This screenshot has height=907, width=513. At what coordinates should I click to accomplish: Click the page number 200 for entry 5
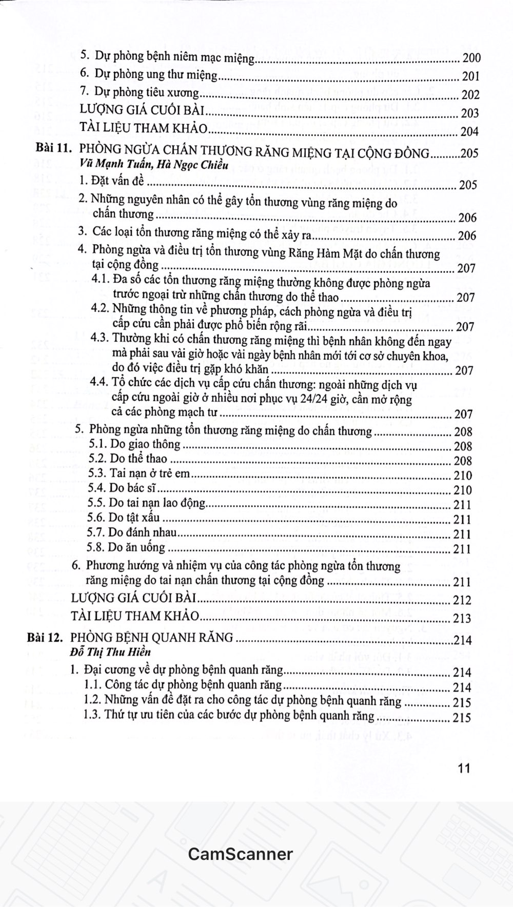tap(470, 58)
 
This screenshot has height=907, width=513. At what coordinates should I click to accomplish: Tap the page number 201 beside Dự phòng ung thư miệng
tap(470, 76)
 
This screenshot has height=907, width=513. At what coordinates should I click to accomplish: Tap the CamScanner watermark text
tap(240, 854)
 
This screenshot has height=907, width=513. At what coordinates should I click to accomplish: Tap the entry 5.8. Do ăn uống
tap(127, 547)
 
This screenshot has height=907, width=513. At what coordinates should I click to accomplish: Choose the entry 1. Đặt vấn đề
tap(111, 181)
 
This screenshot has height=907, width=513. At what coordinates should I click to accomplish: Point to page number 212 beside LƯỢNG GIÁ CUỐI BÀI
tap(462, 600)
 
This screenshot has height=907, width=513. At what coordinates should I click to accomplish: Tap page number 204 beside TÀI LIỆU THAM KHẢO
tap(469, 131)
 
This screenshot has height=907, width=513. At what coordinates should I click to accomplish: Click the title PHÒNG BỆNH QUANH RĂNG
tap(151, 638)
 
